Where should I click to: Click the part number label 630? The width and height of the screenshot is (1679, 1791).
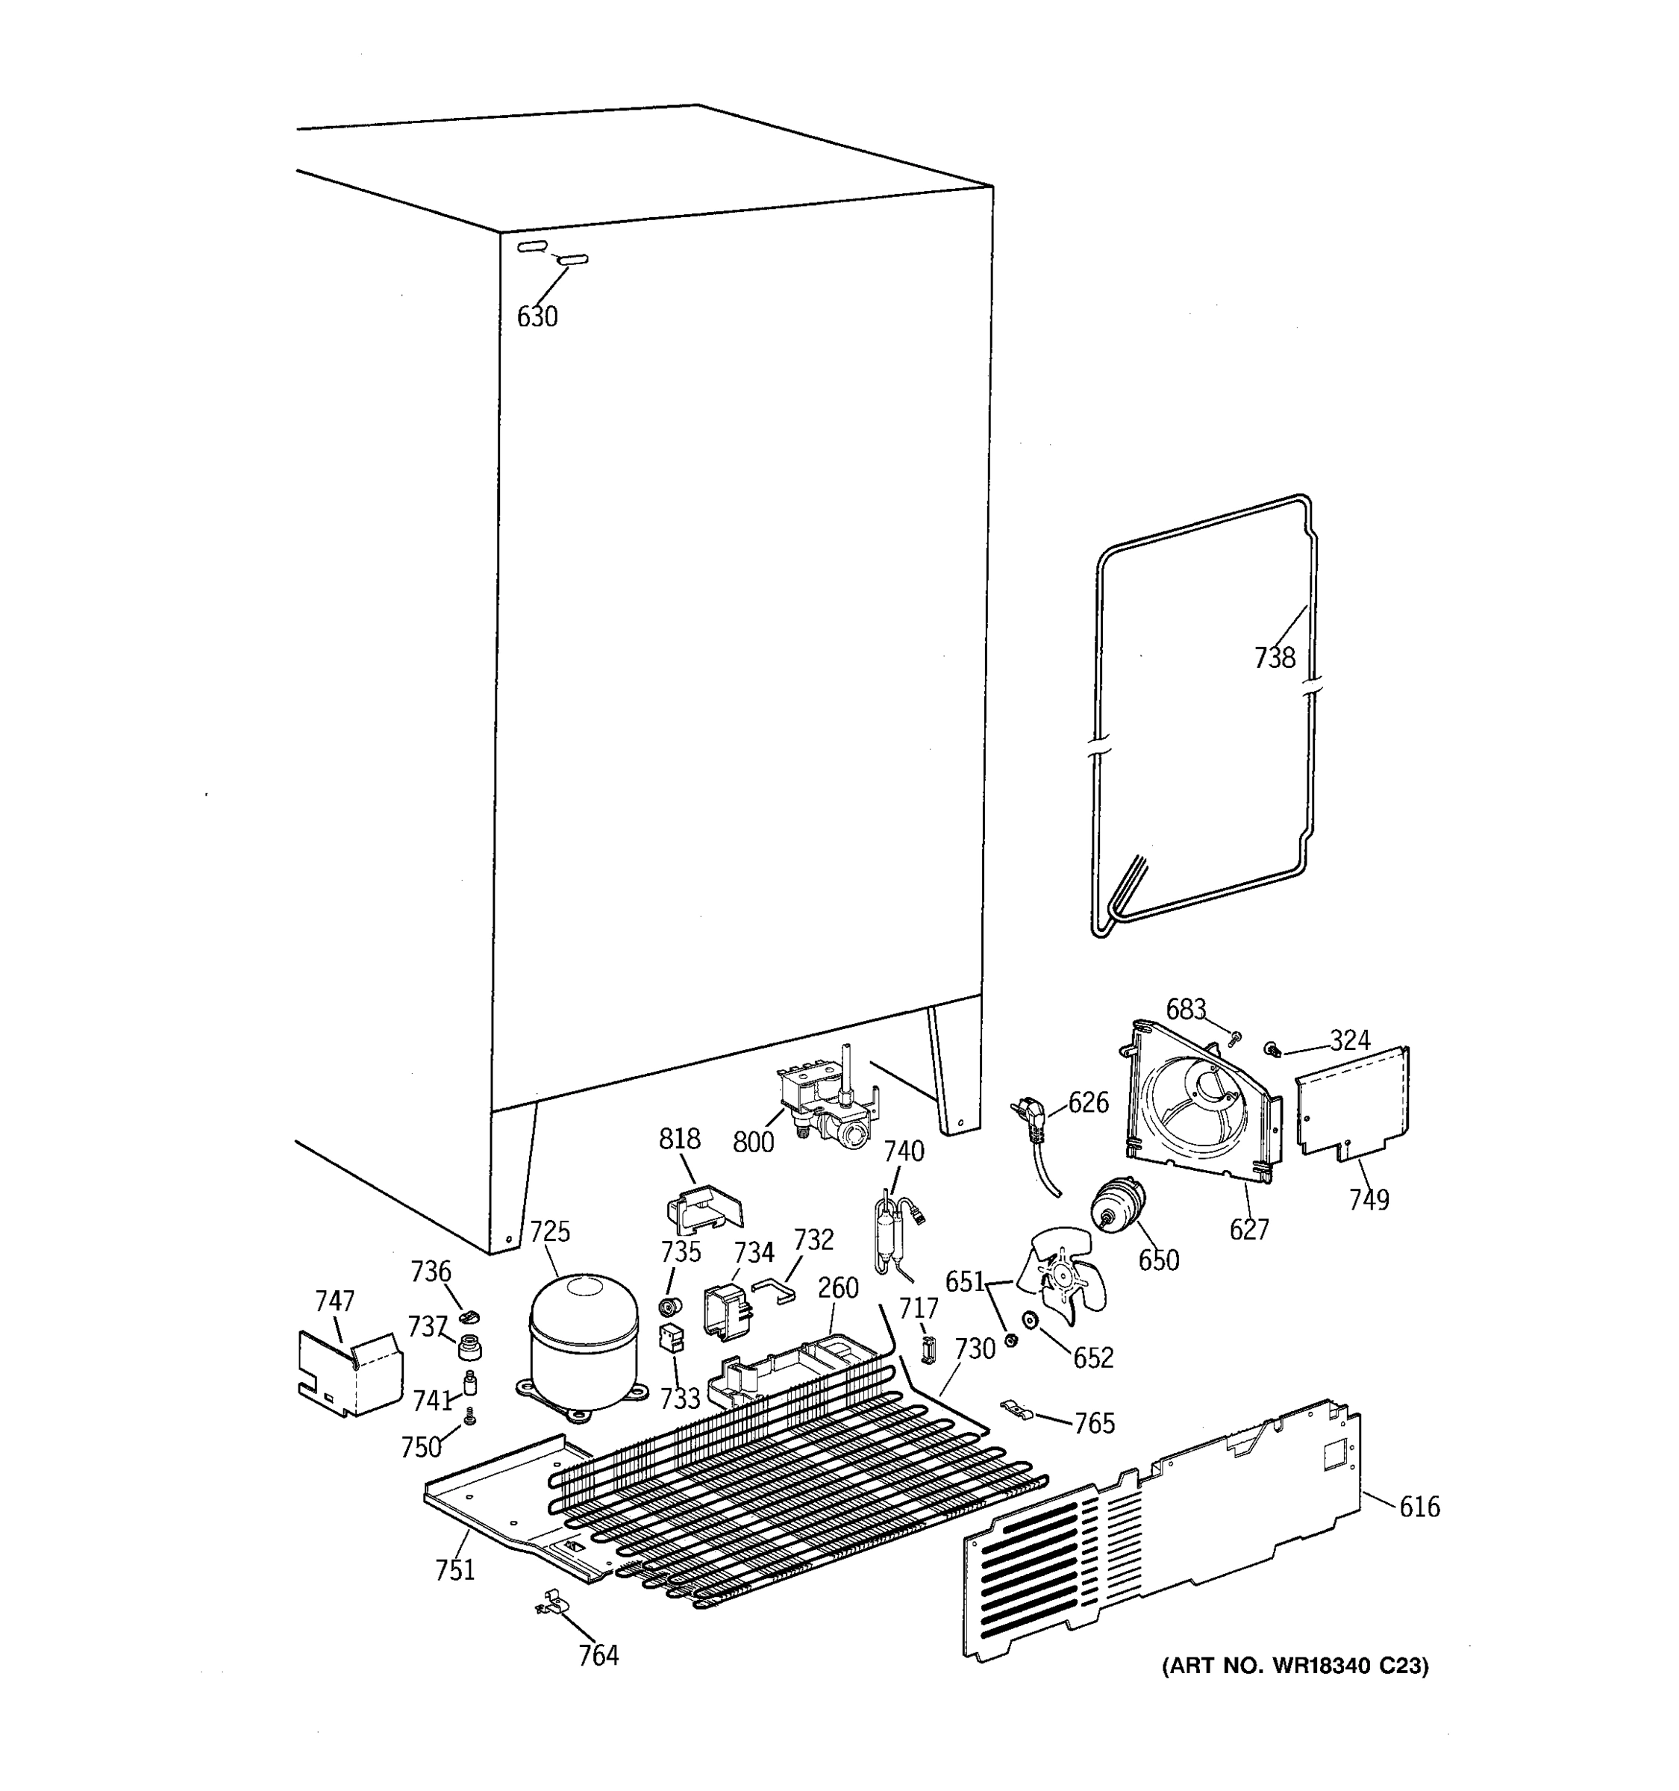click(x=537, y=317)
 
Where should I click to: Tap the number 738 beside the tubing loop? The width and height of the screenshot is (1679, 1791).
click(x=1275, y=658)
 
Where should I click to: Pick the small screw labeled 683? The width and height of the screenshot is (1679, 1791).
click(x=1235, y=1039)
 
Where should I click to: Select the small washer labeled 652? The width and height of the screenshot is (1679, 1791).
click(x=1031, y=1322)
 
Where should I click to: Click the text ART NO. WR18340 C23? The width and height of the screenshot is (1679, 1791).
click(x=1295, y=1666)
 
